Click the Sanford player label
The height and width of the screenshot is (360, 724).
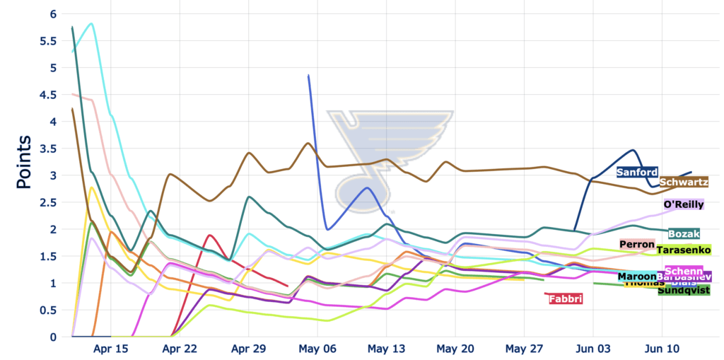637,172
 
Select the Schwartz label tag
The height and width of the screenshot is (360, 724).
684,182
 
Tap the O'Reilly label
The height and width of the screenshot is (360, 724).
683,204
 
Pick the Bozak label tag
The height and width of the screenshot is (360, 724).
684,234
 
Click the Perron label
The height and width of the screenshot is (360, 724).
636,245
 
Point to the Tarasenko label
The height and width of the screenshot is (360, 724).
683,250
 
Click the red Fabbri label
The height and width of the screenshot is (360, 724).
566,299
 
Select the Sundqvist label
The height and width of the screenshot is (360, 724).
683,290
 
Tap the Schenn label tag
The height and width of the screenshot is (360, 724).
684,272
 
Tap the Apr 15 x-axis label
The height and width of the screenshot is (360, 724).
111,349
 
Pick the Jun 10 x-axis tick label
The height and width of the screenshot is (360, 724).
662,349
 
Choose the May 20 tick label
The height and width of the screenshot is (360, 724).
455,349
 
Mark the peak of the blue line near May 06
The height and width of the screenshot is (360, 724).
308,75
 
